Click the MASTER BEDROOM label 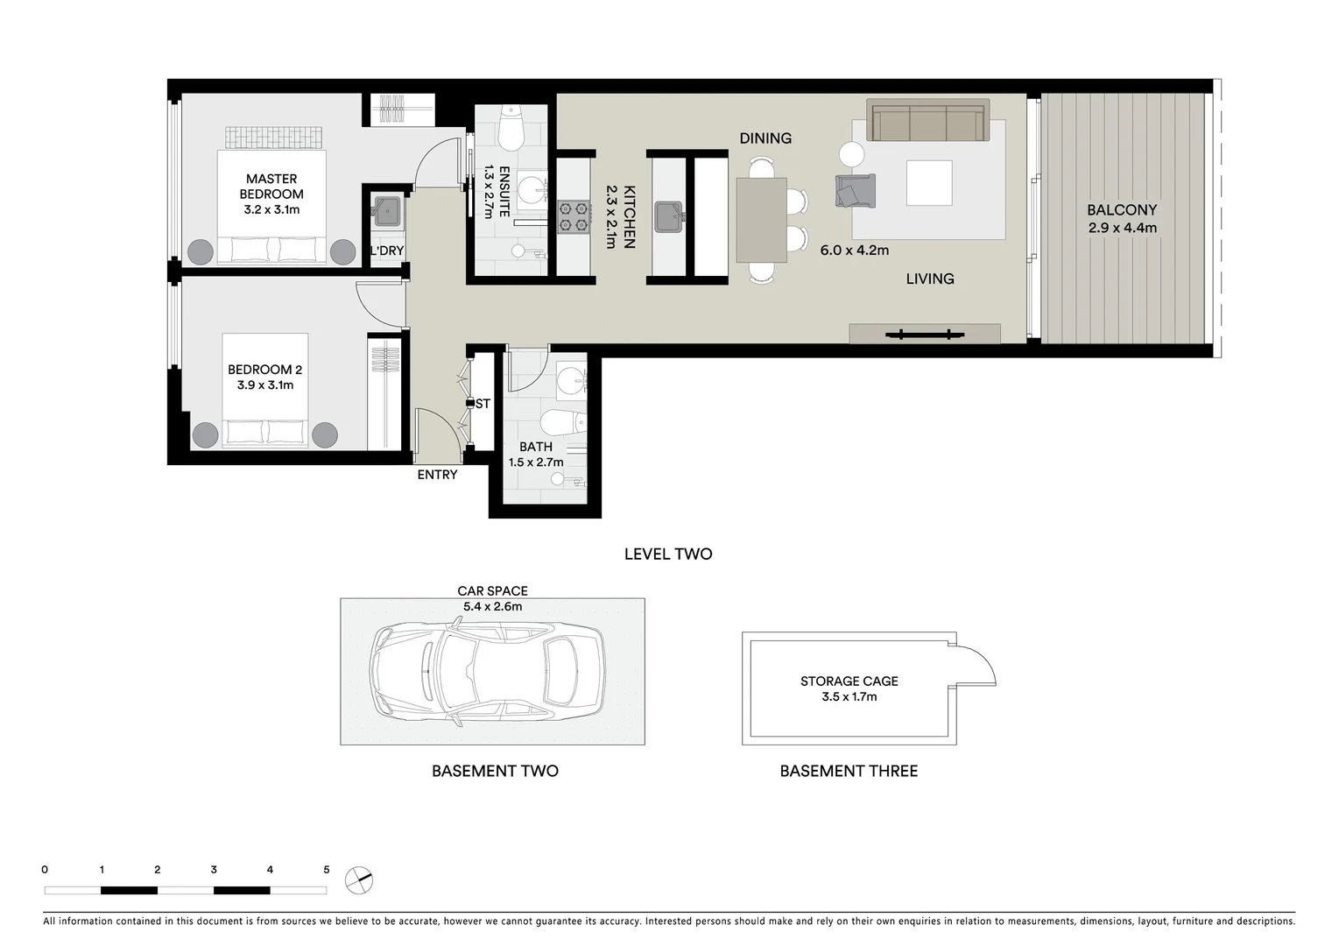coord(271,187)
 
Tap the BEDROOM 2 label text coord(264,370)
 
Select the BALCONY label coord(1122,210)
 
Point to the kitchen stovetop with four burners coord(574,216)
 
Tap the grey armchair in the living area coord(855,191)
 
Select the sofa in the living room coord(927,121)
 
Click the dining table coord(761,220)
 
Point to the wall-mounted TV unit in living coord(924,334)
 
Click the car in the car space coord(487,672)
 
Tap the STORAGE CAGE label coord(849,681)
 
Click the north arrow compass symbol coord(358,880)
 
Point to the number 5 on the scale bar coord(327,870)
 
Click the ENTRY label coord(437,475)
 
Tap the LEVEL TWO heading coord(668,554)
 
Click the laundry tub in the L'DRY coord(387,211)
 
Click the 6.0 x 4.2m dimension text coord(854,251)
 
